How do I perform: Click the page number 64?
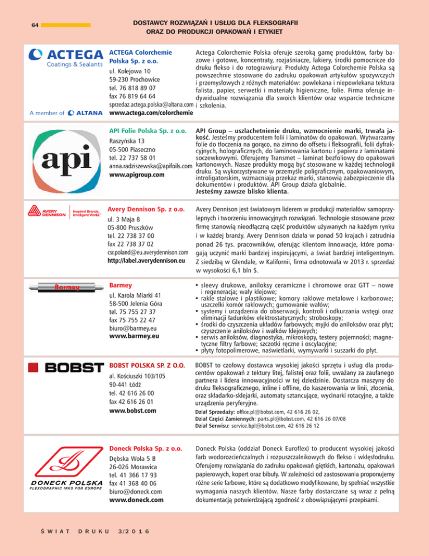34,25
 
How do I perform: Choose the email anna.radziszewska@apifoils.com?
150,167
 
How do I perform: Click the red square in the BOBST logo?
34,367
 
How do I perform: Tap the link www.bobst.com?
132,412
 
